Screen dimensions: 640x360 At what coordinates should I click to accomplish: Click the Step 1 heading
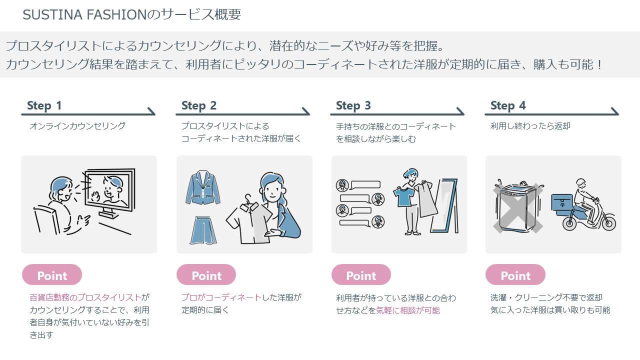(x=44, y=105)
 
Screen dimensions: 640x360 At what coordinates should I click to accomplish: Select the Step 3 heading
(x=353, y=105)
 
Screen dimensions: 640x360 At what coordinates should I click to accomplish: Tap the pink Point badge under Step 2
(x=206, y=275)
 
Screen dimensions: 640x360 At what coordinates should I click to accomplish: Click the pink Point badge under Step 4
(x=515, y=275)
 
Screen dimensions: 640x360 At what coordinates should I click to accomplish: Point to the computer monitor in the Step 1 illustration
(x=110, y=191)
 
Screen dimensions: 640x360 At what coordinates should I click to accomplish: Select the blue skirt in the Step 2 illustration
(x=203, y=230)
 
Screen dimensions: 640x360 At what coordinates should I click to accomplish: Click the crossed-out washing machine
(x=517, y=207)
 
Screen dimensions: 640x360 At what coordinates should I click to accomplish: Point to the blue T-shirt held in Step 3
(x=403, y=196)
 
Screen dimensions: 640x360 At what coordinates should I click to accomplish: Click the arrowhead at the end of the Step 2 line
(x=306, y=111)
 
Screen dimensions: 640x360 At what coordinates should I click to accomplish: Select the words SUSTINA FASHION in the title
(x=84, y=14)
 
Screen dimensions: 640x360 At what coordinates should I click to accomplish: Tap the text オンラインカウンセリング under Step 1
(x=77, y=126)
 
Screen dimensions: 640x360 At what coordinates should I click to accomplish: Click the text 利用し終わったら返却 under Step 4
(x=530, y=126)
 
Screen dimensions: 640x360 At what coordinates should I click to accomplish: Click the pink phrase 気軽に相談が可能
(x=407, y=310)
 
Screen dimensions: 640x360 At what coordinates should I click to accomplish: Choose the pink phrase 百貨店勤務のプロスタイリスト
(x=85, y=297)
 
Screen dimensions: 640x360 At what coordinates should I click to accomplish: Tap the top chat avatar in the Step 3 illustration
(x=342, y=185)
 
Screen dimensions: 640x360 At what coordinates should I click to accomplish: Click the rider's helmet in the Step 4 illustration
(x=580, y=183)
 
